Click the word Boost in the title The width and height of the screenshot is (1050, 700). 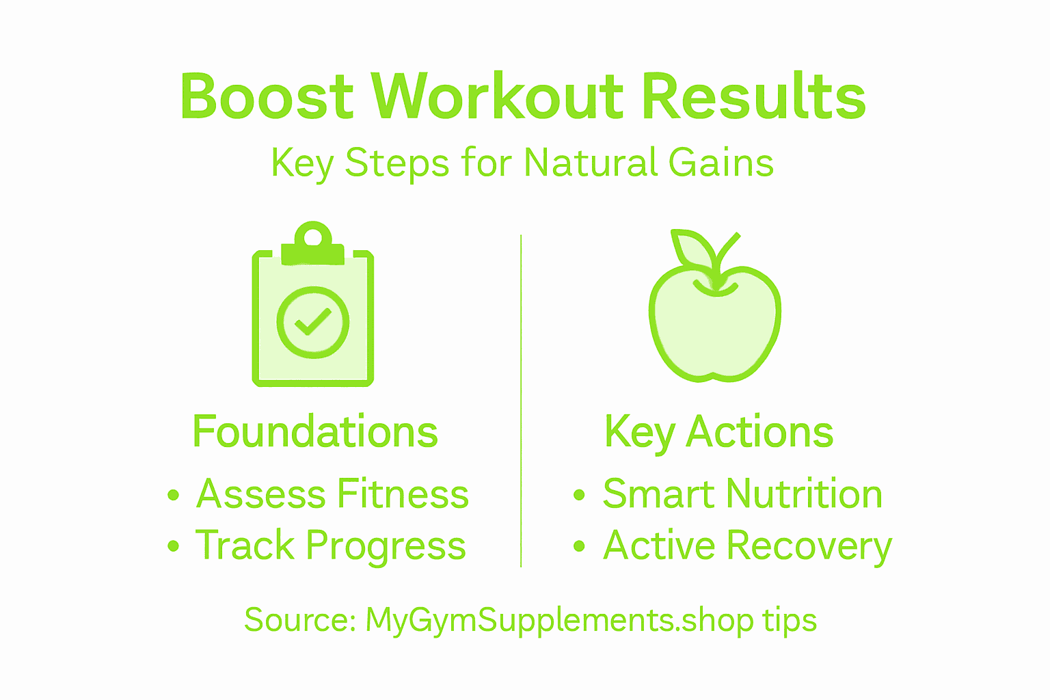(x=266, y=96)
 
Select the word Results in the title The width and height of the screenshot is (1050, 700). (x=754, y=96)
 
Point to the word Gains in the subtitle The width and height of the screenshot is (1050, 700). (x=721, y=163)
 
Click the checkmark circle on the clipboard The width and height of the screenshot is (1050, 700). (x=313, y=322)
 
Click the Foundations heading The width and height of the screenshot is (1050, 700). (x=315, y=432)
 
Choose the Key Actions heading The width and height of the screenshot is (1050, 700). (x=718, y=432)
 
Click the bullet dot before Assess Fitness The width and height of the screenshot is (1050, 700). (x=173, y=495)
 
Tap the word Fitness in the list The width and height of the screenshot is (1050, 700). (x=403, y=494)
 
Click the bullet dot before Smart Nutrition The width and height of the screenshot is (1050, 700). (x=579, y=495)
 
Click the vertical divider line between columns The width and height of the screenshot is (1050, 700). (x=521, y=401)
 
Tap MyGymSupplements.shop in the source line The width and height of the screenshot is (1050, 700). (x=559, y=621)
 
